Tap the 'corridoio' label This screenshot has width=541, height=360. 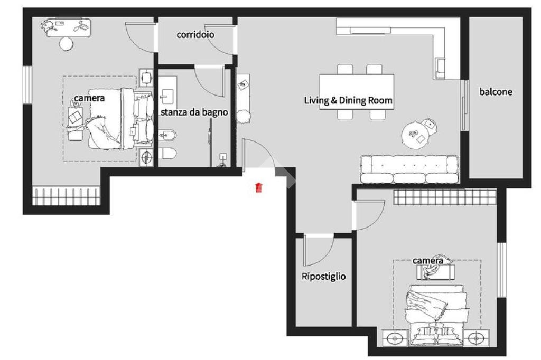coord(195,34)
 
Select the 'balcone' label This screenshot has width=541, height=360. coord(496,92)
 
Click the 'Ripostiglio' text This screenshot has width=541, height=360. coord(324,277)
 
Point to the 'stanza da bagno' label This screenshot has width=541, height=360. coord(194,112)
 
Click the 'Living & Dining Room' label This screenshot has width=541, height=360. coord(348,100)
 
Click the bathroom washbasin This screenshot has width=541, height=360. coord(168,94)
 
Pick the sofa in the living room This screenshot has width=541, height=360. coord(409,169)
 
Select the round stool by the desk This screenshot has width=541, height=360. coord(66,44)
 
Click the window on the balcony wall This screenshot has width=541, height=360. coord(464,105)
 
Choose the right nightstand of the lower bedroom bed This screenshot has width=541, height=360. coord(476,338)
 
